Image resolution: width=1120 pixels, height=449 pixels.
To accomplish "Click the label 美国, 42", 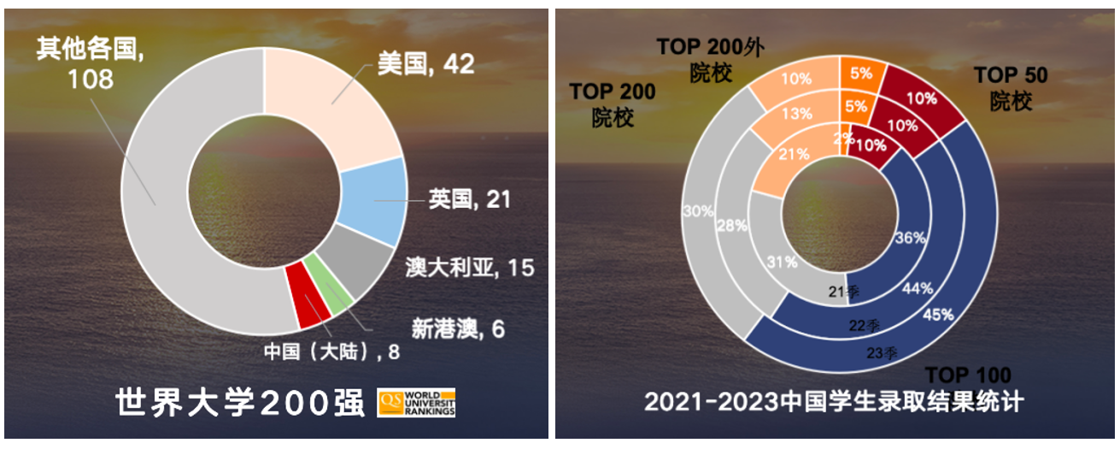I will [x=425, y=65].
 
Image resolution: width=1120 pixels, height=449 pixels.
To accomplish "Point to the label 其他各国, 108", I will [x=89, y=64].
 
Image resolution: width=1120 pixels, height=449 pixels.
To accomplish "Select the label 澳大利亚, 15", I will [x=470, y=268].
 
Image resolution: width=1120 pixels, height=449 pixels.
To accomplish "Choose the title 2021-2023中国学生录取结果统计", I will [x=834, y=402].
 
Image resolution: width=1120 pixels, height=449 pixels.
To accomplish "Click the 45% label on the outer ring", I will [x=938, y=313].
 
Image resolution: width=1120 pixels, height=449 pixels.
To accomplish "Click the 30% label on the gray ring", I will [x=697, y=210].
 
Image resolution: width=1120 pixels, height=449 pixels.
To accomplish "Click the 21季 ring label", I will [x=843, y=292].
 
